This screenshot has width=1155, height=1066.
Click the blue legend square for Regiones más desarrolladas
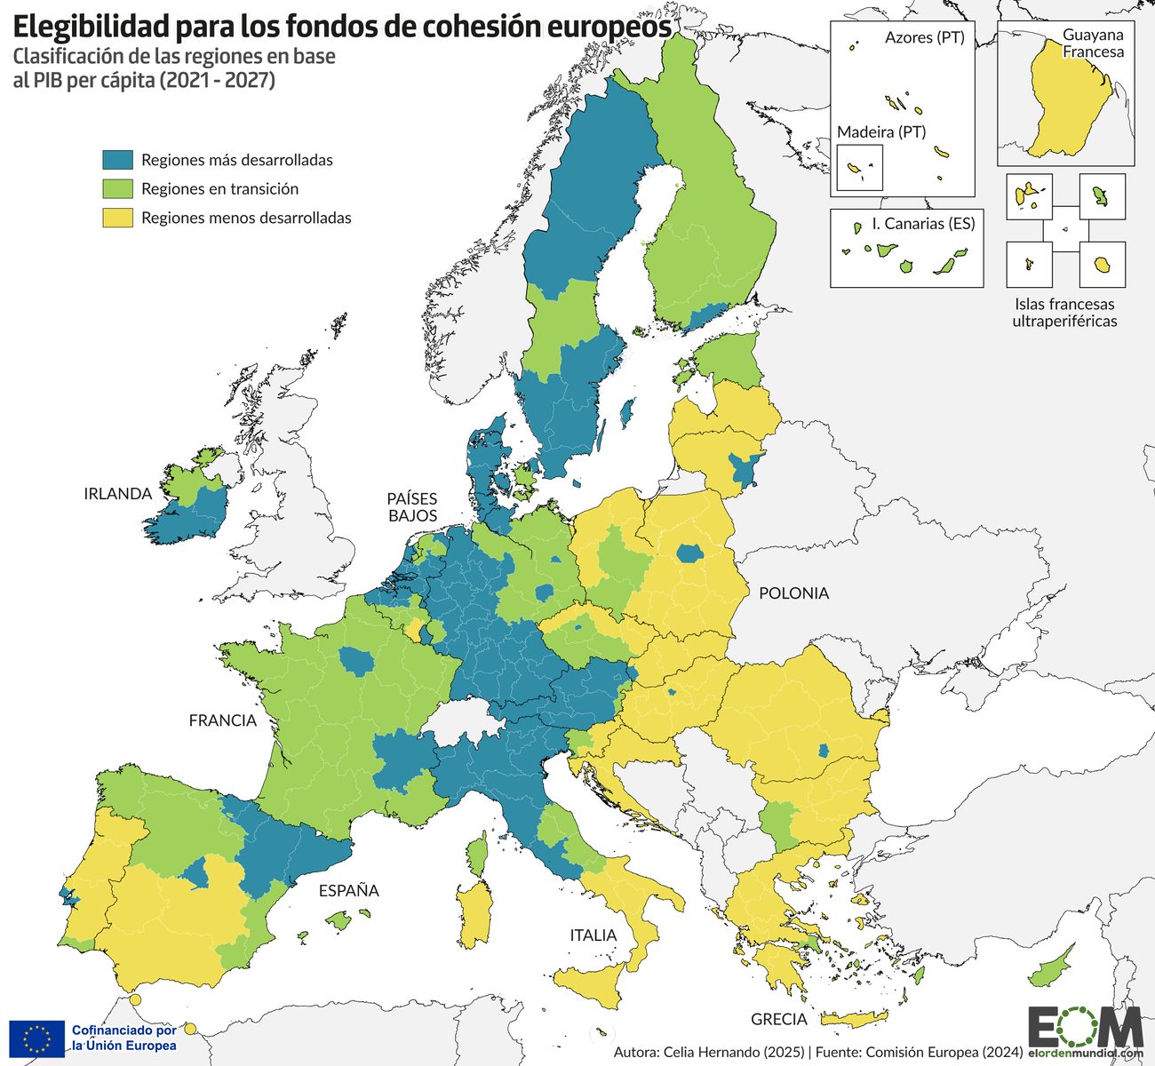click(117, 160)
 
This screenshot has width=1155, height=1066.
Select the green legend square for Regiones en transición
click(117, 189)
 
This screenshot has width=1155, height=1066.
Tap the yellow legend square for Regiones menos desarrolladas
click(117, 218)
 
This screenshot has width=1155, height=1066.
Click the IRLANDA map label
click(117, 494)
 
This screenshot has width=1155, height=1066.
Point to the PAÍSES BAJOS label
click(411, 506)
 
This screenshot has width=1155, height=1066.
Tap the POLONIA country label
click(793, 593)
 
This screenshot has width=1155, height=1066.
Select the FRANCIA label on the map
click(222, 720)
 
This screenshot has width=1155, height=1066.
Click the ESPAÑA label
click(348, 890)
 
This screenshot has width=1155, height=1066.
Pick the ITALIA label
click(593, 935)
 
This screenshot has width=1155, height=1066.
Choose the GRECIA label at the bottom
click(778, 1019)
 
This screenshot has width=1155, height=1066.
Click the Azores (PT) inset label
click(924, 38)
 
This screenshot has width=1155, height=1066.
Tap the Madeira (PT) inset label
click(880, 132)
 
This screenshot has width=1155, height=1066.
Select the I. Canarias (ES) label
click(923, 224)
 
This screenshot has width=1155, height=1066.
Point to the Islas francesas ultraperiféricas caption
click(1064, 313)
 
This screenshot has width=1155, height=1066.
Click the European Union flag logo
click(36, 1038)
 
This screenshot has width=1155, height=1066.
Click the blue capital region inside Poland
click(689, 553)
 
